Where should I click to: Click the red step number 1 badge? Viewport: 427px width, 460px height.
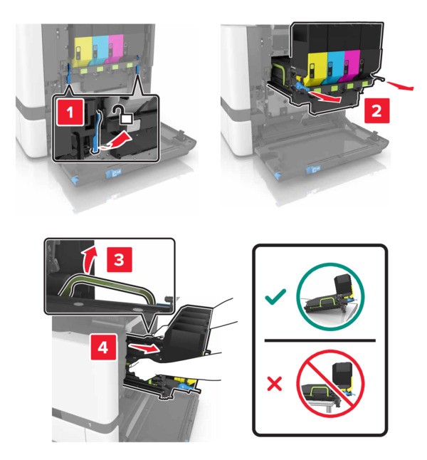[70, 112]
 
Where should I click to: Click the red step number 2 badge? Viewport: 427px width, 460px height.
[377, 110]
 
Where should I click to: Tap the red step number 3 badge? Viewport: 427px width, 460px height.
[119, 259]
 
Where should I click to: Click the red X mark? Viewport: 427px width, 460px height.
[275, 383]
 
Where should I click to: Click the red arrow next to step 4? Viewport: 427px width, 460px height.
[143, 348]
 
